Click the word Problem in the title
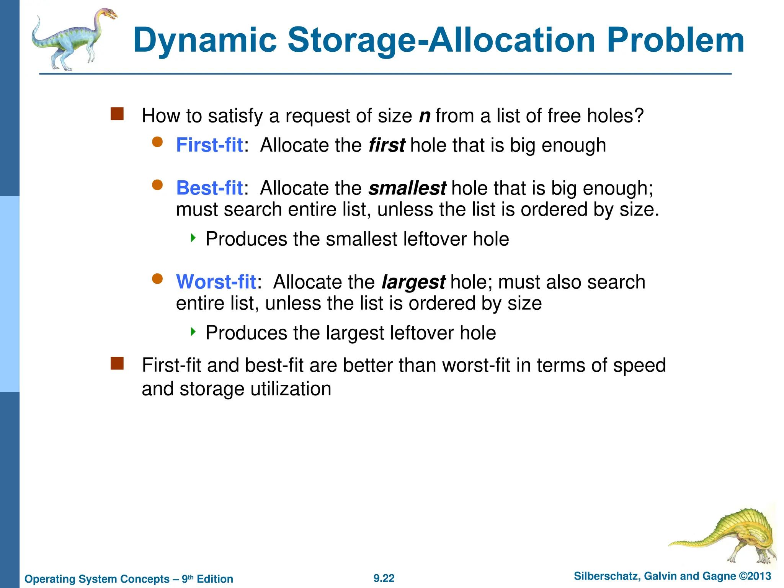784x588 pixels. pos(675,41)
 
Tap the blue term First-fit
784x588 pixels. pos(209,145)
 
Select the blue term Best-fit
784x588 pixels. pos(209,188)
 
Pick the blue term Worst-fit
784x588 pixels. pos(216,282)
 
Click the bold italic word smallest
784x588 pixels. pos(407,188)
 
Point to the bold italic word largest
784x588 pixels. pos(413,283)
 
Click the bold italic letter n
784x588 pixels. pos(425,116)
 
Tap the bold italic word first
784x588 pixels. pos(387,145)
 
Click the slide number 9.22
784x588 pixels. pos(384,578)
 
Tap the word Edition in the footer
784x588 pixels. pos(215,579)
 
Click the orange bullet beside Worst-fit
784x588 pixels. pos(157,279)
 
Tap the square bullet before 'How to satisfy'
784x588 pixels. pos(117,114)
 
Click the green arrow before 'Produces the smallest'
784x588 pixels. pos(193,238)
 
